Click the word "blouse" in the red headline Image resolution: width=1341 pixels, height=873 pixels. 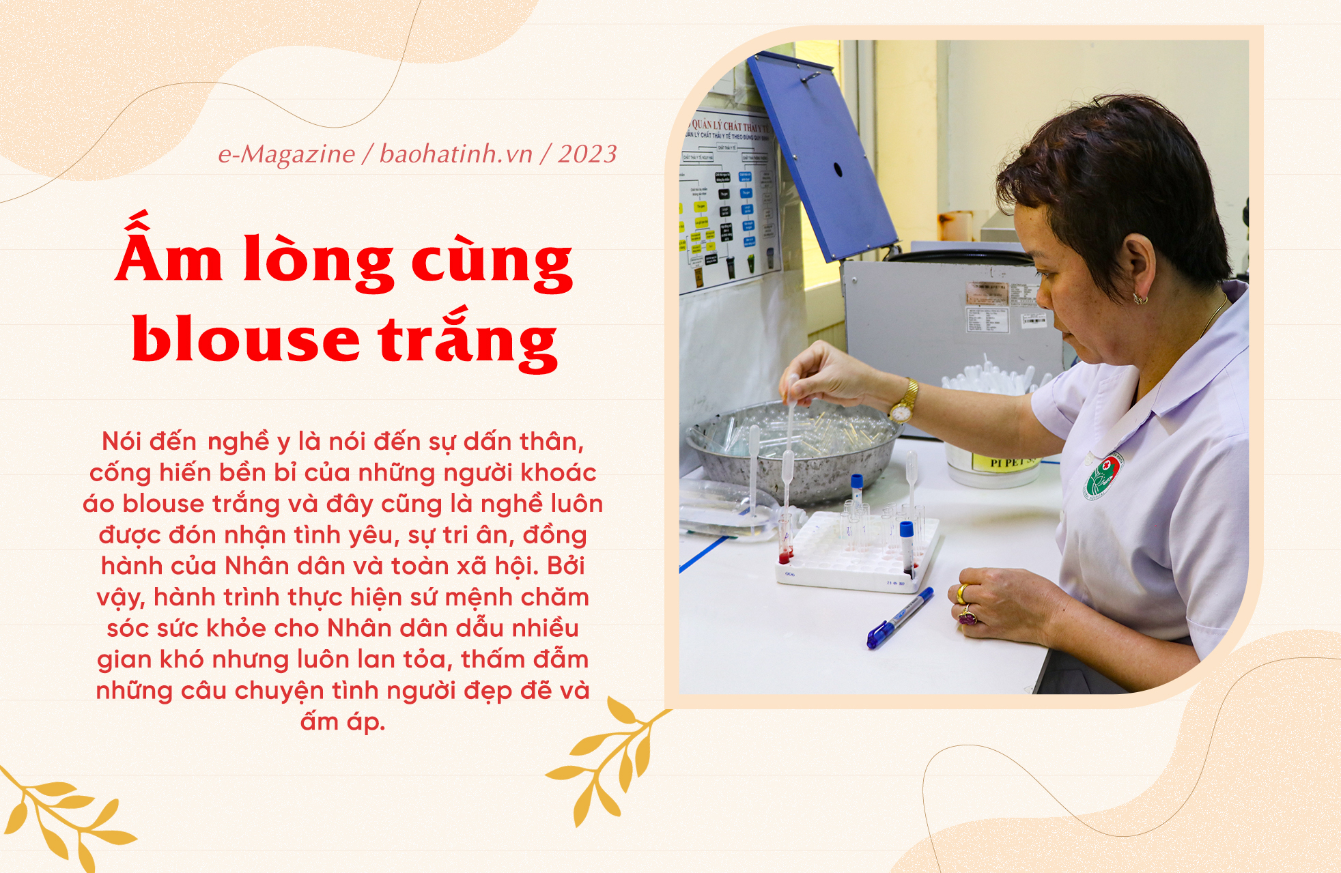[x=246, y=339]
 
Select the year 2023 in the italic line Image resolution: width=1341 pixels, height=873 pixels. [x=587, y=154]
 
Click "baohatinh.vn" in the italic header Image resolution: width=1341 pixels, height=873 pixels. [x=455, y=154]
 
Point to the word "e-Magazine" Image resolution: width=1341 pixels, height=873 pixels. [x=287, y=155]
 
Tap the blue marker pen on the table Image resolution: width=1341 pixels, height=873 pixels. [x=900, y=618]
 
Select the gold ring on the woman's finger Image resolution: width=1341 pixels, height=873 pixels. [x=962, y=593]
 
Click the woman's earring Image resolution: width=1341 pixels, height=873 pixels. [x=1140, y=298]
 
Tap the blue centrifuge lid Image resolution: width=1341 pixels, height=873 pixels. [x=823, y=157]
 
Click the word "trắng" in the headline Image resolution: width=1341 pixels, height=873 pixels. [x=468, y=339]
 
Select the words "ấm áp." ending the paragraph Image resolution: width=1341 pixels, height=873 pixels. [x=343, y=721]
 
